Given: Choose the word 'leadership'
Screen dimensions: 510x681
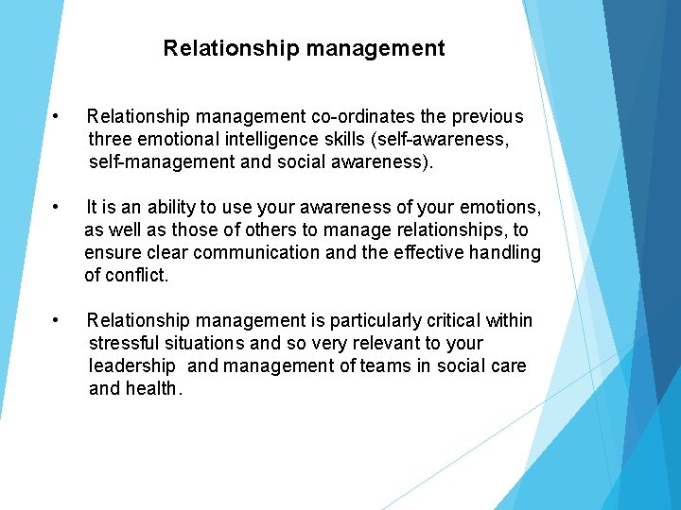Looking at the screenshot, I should click(132, 365).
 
